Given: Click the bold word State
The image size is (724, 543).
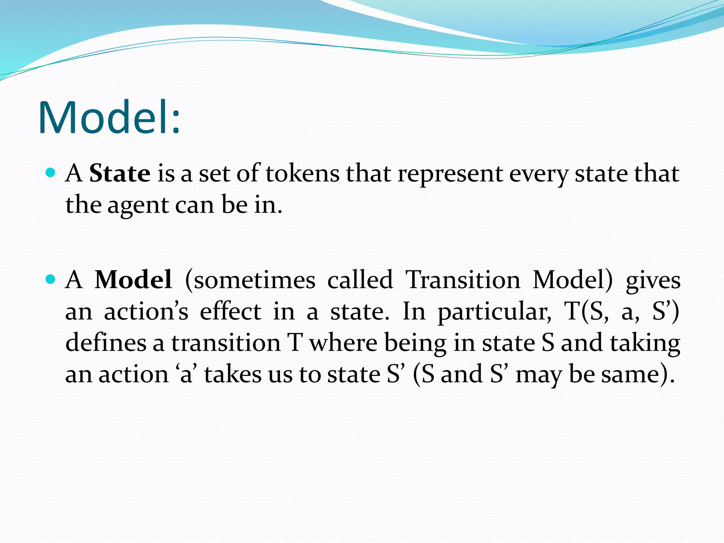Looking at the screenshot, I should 119,174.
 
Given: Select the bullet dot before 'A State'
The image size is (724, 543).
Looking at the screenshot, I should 51,173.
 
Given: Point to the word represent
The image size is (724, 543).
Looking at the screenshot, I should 450,174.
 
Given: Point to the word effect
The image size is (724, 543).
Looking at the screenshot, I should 230,311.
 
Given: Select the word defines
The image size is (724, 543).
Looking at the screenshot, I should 106,343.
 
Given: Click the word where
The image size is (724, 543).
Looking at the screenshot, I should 343,343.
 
